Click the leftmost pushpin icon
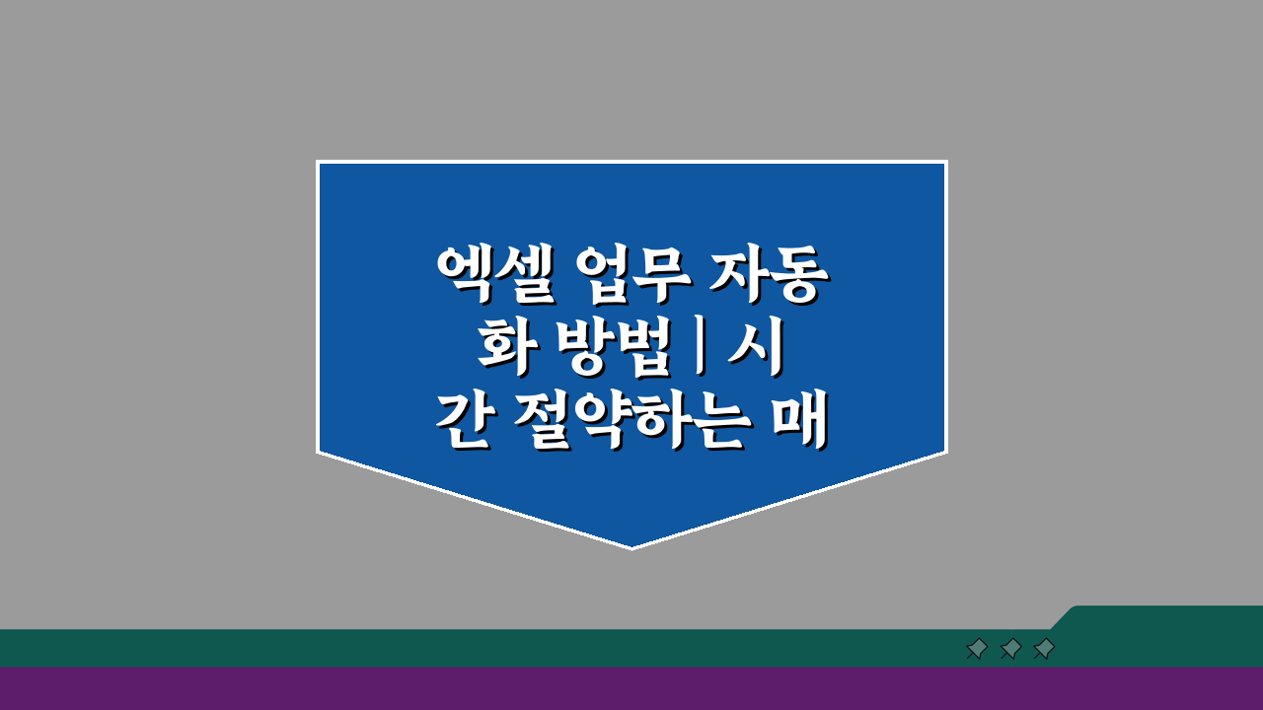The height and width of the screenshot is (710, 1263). (977, 648)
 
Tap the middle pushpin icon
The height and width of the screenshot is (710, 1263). (1010, 648)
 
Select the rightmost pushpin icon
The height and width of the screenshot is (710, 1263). (1044, 648)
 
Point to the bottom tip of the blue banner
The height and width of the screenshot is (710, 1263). (631, 547)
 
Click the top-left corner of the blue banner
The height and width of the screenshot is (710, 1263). (318, 162)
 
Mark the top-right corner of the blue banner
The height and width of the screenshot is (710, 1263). (945, 162)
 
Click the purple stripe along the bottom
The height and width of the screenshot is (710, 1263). (631, 688)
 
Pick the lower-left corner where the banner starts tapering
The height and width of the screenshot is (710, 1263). (318, 452)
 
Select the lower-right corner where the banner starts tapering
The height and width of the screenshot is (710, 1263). (945, 452)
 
